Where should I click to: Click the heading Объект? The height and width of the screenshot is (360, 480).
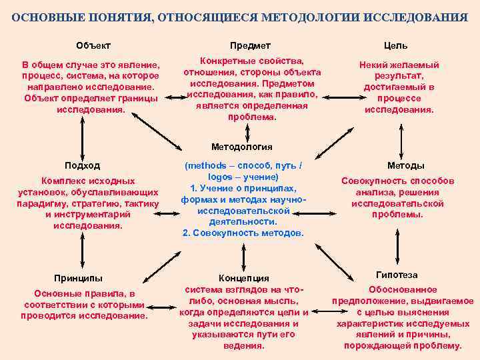tap(93, 45)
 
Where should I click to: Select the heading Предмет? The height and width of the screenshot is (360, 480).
tap(250, 45)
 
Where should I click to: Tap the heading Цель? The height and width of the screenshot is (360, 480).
tap(395, 46)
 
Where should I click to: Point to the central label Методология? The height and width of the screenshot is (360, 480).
tap(241, 147)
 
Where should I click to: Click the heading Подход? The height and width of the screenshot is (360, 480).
tap(82, 165)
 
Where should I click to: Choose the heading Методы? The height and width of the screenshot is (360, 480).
tap(405, 165)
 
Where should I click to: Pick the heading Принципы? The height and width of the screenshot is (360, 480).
tap(78, 277)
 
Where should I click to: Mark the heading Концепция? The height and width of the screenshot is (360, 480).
tap(244, 278)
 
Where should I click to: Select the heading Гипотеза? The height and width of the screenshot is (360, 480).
tap(397, 275)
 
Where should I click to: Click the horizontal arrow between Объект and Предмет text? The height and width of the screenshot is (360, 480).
tap(177, 98)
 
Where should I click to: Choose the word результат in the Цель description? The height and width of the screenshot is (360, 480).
tap(399, 76)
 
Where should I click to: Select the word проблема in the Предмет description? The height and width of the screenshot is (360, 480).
tap(252, 117)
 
